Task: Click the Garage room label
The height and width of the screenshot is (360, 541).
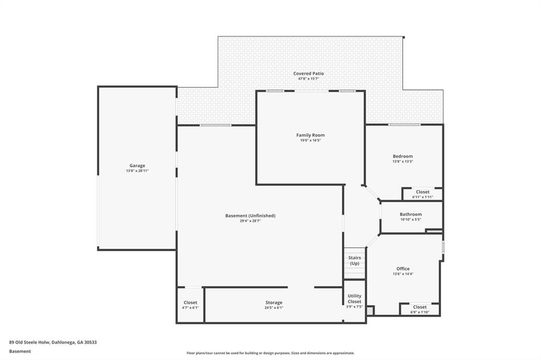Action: pos(137,166)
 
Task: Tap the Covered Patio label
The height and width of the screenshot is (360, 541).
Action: pos(309,73)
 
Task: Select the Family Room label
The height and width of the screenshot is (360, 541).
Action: pos(311,135)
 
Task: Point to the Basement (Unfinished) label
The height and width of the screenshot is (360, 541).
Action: pos(250,216)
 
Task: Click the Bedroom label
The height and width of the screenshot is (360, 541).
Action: pos(403,156)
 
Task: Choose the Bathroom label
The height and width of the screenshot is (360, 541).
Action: pos(411,214)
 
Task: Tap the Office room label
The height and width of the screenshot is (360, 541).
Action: pos(403,269)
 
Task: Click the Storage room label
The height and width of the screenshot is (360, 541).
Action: pos(274,302)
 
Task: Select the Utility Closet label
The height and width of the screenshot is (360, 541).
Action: pos(355,299)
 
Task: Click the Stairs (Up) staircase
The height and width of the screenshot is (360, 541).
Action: pos(355,263)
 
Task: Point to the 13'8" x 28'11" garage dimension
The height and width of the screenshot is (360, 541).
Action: pos(137,170)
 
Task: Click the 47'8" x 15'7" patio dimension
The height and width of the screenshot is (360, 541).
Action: pos(309,79)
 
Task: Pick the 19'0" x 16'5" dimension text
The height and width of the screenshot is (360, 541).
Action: pos(311,140)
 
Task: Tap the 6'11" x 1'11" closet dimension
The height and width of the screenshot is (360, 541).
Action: pos(423,197)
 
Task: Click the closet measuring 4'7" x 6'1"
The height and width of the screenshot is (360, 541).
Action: pos(190,305)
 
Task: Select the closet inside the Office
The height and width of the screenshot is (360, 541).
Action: pos(419,309)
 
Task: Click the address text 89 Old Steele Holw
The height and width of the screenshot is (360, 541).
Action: pos(30,343)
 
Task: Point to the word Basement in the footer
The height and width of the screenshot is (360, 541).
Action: pos(20,352)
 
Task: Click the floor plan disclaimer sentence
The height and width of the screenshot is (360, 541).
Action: pos(270,353)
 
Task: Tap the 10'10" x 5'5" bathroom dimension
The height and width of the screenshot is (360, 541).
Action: pos(411,219)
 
